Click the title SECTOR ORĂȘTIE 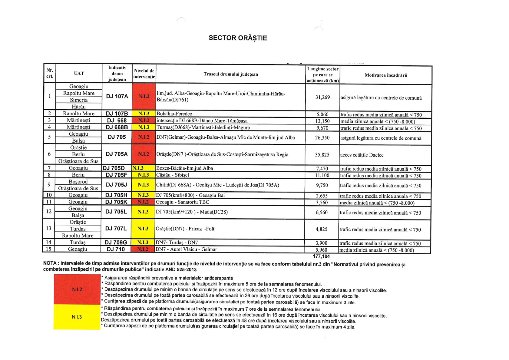pyautogui.click(x=238, y=38)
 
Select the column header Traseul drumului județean pyautogui.click(x=231, y=74)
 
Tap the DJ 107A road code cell pyautogui.click(x=117, y=96)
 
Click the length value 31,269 pyautogui.click(x=322, y=97)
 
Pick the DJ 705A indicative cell pyautogui.click(x=116, y=154)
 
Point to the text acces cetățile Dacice pyautogui.click(x=362, y=155)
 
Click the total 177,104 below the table pyautogui.click(x=321, y=257)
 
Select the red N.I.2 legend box pyautogui.click(x=77, y=289)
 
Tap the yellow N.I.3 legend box pyautogui.click(x=77, y=317)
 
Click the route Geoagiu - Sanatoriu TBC pyautogui.click(x=183, y=202)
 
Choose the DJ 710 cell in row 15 pyautogui.click(x=116, y=249)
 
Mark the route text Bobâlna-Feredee pyautogui.click(x=174, y=114)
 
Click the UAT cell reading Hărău pyautogui.click(x=79, y=107)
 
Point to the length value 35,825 pyautogui.click(x=322, y=155)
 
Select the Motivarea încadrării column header pyautogui.click(x=386, y=75)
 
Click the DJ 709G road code pyautogui.click(x=116, y=243)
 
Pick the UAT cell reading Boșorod pyautogui.click(x=78, y=181)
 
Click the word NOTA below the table pyautogui.click(x=50, y=263)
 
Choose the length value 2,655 pyautogui.click(x=322, y=196)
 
